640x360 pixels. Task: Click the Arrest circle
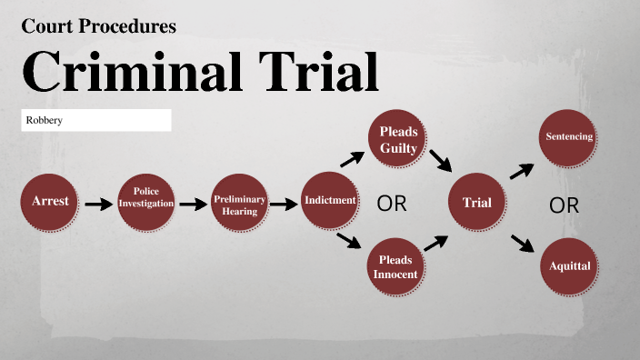[x=49, y=201]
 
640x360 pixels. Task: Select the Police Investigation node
[x=145, y=201]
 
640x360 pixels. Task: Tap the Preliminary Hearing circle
[x=239, y=203]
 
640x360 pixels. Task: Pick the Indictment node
[x=329, y=201]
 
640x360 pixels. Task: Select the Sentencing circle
[x=569, y=137]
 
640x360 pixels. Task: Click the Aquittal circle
[x=569, y=266]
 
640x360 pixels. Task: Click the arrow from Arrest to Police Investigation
[x=97, y=204]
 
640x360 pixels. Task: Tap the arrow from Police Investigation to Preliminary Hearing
[x=193, y=204]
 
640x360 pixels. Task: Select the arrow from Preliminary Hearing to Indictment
[x=285, y=204]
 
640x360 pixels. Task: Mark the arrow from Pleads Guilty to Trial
[x=441, y=161]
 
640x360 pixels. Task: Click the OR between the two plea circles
[x=392, y=204]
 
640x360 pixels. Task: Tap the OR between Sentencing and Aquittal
[x=564, y=205]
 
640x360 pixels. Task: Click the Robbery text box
[x=96, y=120]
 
